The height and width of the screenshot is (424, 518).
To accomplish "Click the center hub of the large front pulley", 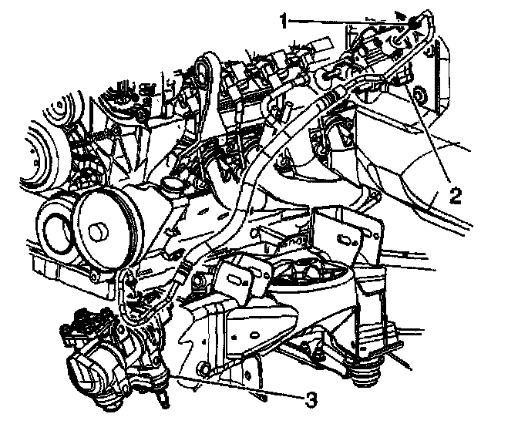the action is [99, 229].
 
